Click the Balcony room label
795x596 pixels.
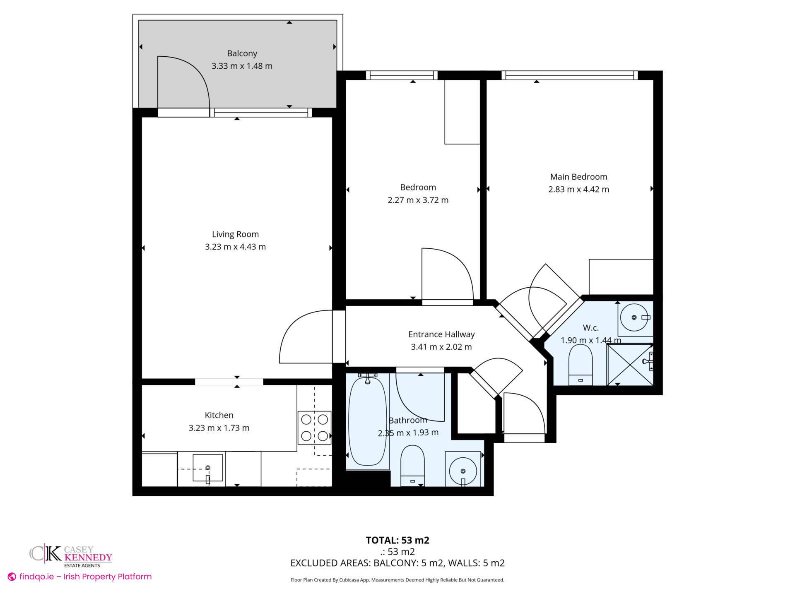tap(242, 53)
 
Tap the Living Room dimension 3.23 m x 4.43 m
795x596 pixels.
tap(235, 247)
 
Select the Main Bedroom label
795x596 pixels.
tap(578, 177)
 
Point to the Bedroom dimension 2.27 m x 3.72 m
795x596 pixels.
tap(418, 200)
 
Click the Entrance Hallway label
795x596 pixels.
tap(441, 334)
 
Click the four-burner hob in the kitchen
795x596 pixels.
tap(314, 428)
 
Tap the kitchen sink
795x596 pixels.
tap(207, 468)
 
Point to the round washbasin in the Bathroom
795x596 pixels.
tap(463, 471)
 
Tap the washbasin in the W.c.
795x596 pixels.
tap(634, 318)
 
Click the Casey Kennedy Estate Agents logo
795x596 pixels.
tap(71, 556)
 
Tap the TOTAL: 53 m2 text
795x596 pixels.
tap(397, 540)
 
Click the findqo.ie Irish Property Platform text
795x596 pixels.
tap(85, 577)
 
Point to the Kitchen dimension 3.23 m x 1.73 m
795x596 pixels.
tap(219, 428)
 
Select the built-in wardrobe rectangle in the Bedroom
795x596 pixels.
tap(462, 112)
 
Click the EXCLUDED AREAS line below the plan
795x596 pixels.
tap(397, 563)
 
